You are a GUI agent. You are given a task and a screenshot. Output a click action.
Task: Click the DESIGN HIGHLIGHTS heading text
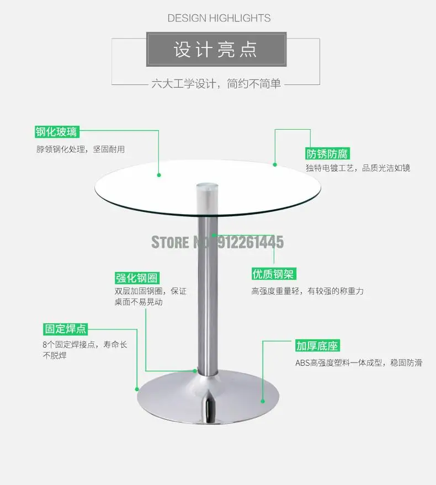tap(219, 18)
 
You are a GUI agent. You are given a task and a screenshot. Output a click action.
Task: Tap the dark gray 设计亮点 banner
tap(216, 50)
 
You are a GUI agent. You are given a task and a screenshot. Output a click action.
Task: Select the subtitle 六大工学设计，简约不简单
tap(216, 84)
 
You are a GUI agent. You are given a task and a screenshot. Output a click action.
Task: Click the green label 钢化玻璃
tap(56, 132)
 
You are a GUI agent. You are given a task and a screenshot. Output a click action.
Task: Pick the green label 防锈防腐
tap(328, 154)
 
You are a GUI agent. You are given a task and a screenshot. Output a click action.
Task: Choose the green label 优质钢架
tap(273, 274)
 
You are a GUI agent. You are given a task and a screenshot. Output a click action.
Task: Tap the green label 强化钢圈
tap(133, 278)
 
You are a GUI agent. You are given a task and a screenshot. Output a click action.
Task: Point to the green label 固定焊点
tap(66, 329)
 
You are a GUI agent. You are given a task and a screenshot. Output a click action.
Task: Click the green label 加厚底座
tap(317, 347)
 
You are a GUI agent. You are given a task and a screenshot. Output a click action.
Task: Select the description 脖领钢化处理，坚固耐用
tap(81, 149)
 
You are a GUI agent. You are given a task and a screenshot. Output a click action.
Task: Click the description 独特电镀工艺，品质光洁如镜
tap(358, 168)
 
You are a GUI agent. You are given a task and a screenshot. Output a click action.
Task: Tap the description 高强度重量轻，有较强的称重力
tap(307, 291)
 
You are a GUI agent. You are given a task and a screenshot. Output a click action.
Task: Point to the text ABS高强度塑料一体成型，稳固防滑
tap(359, 363)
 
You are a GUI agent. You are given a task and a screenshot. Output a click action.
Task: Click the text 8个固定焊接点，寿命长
tap(85, 344)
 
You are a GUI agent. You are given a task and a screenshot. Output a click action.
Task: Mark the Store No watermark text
tap(217, 242)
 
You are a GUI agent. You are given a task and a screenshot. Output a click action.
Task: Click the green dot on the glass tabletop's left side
tap(159, 175)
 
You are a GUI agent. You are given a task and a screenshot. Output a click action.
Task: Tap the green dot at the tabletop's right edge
tap(275, 163)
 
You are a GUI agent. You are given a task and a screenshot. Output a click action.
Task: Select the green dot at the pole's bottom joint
tap(195, 371)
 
